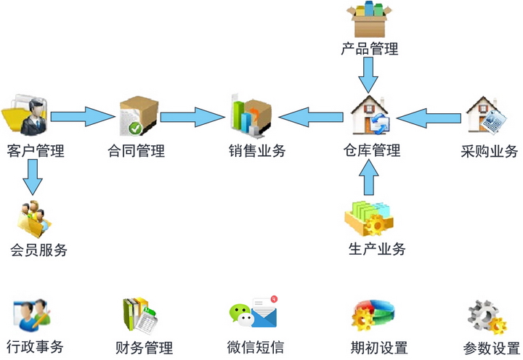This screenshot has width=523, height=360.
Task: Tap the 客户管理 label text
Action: click(35, 151)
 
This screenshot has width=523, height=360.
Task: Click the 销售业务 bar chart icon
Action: click(251, 115)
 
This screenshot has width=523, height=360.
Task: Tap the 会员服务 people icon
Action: click(34, 216)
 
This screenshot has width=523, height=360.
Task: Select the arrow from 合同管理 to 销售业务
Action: click(192, 115)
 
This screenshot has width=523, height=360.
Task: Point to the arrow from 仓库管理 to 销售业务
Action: click(311, 115)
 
